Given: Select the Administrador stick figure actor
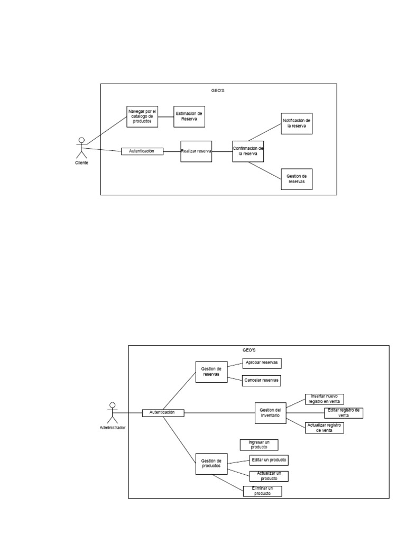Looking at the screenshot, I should (112, 412).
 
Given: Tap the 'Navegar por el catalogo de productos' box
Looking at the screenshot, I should (142, 116).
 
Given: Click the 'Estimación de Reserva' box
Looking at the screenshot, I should (189, 116).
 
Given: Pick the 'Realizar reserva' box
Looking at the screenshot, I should (196, 151).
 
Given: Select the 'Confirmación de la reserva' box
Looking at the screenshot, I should (248, 151).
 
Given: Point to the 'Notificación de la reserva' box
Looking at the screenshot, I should (297, 123).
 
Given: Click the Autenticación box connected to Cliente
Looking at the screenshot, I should (142, 151).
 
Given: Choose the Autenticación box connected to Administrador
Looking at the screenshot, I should (163, 413).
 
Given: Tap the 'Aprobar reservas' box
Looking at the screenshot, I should (262, 363).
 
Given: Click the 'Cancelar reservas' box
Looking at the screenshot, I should (262, 381).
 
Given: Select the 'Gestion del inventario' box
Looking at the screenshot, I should (271, 413).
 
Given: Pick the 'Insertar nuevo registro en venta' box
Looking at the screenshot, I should (325, 399).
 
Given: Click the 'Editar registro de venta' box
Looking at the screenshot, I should (344, 413).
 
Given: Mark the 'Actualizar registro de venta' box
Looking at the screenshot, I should (325, 428).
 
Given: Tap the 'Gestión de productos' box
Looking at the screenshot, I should (211, 464).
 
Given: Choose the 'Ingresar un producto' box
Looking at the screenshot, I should (259, 445).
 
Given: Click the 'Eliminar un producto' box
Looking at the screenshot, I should (263, 491).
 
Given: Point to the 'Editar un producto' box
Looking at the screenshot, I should (270, 460).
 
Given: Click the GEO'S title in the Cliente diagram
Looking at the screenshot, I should (218, 91).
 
